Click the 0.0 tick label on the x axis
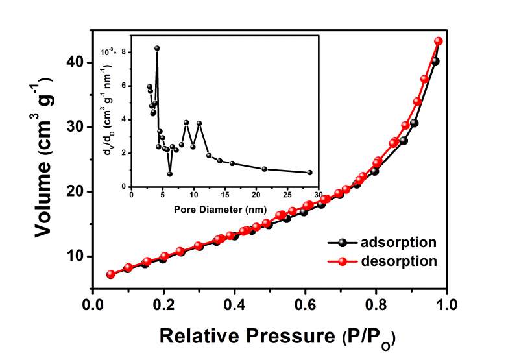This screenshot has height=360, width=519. click(94, 303)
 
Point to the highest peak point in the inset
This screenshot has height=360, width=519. click(157, 49)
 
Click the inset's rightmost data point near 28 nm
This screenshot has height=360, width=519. click(309, 173)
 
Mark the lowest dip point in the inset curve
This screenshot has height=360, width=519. click(170, 174)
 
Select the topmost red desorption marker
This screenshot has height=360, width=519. click(439, 41)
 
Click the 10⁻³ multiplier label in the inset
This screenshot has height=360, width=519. click(108, 50)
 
